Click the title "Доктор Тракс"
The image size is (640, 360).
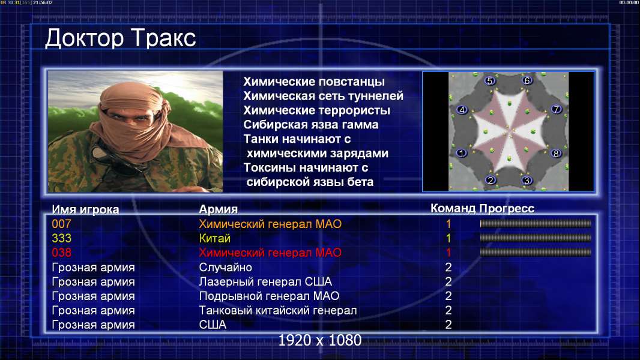[121, 38]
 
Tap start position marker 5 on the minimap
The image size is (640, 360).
[490, 81]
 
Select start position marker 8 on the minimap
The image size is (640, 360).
[555, 154]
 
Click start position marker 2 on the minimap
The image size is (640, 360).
[491, 180]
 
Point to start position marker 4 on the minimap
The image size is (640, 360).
[462, 110]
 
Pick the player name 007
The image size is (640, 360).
[61, 224]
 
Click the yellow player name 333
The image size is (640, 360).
[61, 238]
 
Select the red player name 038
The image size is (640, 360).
[61, 253]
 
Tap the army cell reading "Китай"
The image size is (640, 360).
[215, 238]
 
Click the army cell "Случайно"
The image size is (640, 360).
[225, 268]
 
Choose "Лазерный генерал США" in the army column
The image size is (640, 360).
[265, 282]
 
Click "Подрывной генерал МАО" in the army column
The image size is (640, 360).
[269, 296]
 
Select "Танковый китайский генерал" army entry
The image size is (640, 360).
[278, 310]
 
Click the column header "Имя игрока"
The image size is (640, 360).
[85, 209]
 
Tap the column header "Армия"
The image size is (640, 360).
[219, 209]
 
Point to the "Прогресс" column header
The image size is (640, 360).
[507, 209]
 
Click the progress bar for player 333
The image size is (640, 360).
[536, 238]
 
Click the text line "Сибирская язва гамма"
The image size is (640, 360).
[311, 125]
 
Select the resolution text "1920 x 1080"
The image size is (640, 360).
[320, 340]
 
